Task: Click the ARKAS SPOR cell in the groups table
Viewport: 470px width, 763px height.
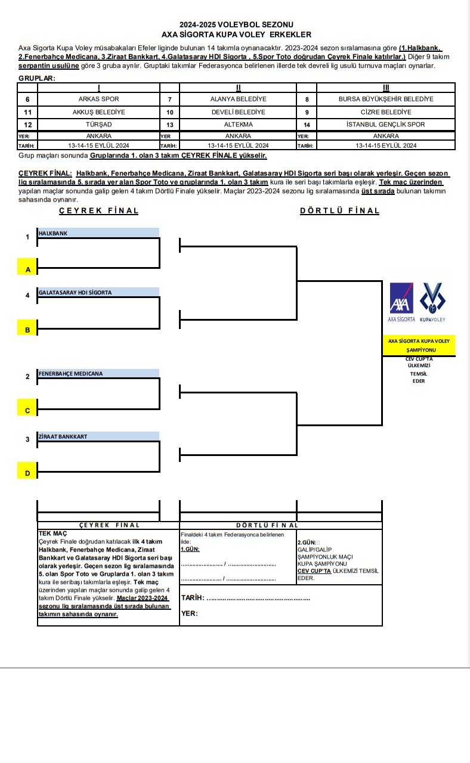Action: (99, 99)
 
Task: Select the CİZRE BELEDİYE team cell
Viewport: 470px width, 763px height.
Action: (386, 112)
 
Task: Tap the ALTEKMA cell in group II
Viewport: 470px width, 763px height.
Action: (238, 125)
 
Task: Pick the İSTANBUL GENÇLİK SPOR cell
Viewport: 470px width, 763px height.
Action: (386, 125)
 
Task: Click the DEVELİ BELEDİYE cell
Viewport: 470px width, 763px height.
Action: (238, 112)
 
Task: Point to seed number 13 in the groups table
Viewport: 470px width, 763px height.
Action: (170, 125)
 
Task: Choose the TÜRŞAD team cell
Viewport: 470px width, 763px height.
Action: (99, 125)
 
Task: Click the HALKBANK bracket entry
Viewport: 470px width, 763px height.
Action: (98, 233)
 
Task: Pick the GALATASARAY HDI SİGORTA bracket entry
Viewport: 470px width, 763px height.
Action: (98, 292)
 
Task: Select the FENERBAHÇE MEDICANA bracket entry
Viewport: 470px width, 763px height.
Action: (98, 374)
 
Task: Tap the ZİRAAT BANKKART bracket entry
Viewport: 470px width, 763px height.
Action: (98, 436)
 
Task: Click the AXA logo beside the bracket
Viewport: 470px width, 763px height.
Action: (401, 300)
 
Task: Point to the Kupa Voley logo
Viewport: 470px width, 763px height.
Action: (432, 300)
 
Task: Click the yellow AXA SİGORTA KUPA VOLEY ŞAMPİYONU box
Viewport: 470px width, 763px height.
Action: (419, 345)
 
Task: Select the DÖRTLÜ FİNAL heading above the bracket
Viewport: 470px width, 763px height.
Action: (339, 210)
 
